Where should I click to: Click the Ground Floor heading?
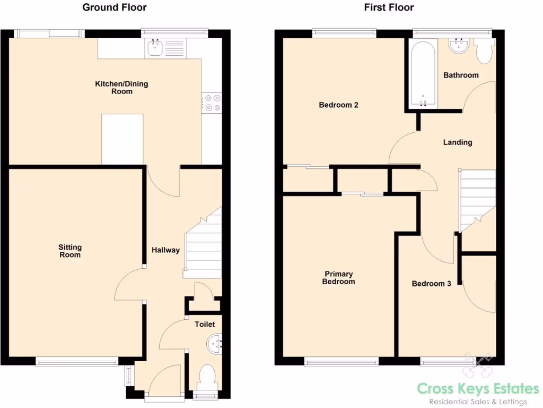[x=115, y=7]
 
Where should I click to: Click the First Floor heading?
[x=389, y=7]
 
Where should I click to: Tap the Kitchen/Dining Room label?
[x=121, y=88]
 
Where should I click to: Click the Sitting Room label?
[x=70, y=251]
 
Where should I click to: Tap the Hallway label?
[x=165, y=250]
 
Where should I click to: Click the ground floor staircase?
[x=203, y=250]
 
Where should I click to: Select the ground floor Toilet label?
[x=205, y=324]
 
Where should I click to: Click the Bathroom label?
[x=461, y=75]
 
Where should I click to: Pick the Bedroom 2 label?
[x=338, y=105]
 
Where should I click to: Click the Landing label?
[x=458, y=142]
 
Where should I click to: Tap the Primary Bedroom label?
[x=338, y=278]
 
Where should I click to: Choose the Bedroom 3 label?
[x=431, y=284]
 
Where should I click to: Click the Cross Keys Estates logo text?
[x=478, y=389]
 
